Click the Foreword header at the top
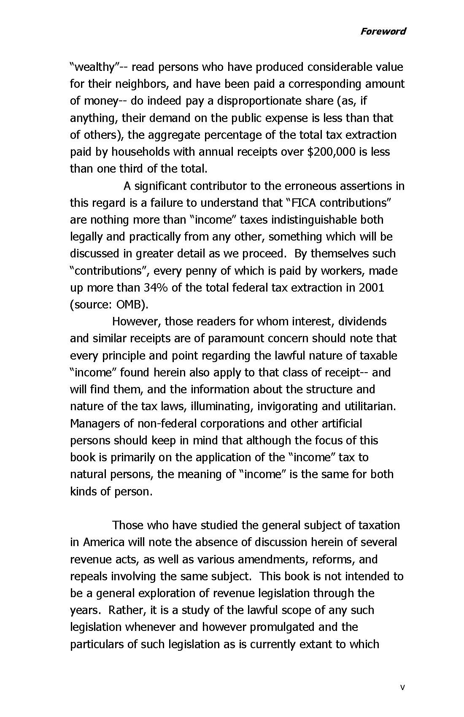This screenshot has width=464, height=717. pos(383,31)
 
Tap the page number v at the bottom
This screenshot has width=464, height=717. pos(402,687)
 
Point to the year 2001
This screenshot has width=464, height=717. pos(371,288)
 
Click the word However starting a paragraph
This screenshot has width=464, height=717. pos(136,322)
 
